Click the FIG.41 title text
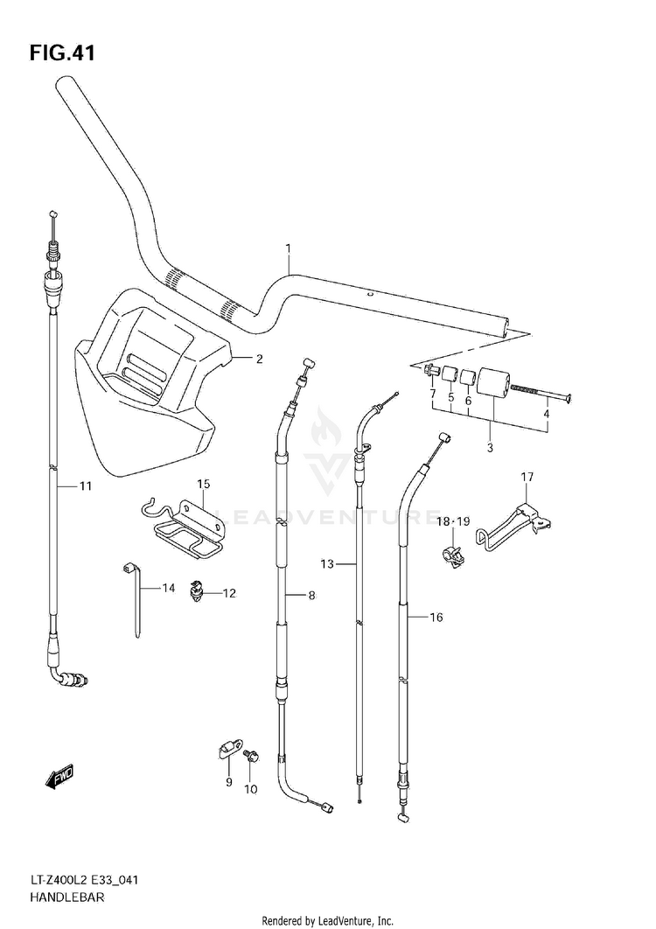click(x=61, y=53)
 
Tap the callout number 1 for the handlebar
click(x=288, y=248)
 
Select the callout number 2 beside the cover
click(x=259, y=359)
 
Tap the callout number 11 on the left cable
click(x=86, y=486)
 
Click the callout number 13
click(x=327, y=564)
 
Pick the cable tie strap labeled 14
click(x=135, y=598)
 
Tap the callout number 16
click(x=436, y=618)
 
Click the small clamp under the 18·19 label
click(x=453, y=554)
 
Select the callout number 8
click(x=311, y=596)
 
